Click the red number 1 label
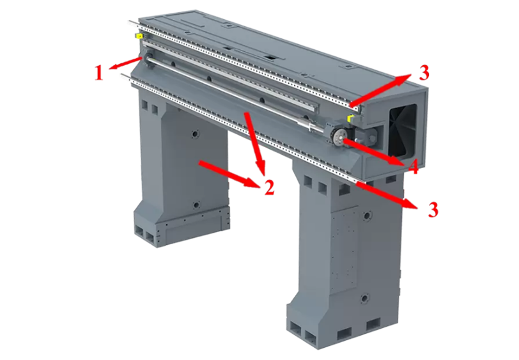click(x=99, y=73)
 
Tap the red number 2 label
click(x=269, y=187)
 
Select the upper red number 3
click(x=424, y=72)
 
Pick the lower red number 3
click(x=433, y=209)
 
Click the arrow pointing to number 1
click(x=126, y=63)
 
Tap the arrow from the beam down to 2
click(x=255, y=143)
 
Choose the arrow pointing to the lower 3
click(x=387, y=196)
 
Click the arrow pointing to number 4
click(x=374, y=152)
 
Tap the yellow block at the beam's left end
click(x=138, y=36)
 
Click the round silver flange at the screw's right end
click(x=339, y=136)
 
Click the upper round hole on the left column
click(x=194, y=134)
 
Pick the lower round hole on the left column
click(x=196, y=205)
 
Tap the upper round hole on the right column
click(x=366, y=215)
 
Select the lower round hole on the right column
click(x=365, y=299)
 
